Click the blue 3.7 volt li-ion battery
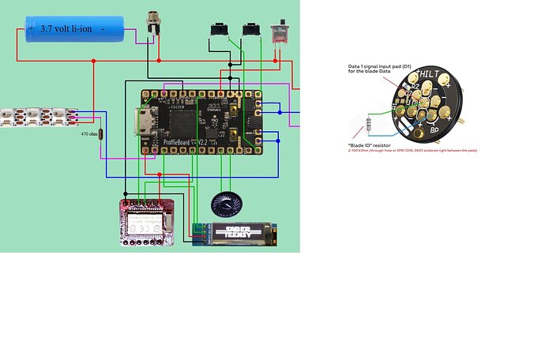click(x=76, y=29)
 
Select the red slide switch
click(x=279, y=32)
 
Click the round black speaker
click(x=228, y=206)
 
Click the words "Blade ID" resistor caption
click(x=371, y=144)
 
